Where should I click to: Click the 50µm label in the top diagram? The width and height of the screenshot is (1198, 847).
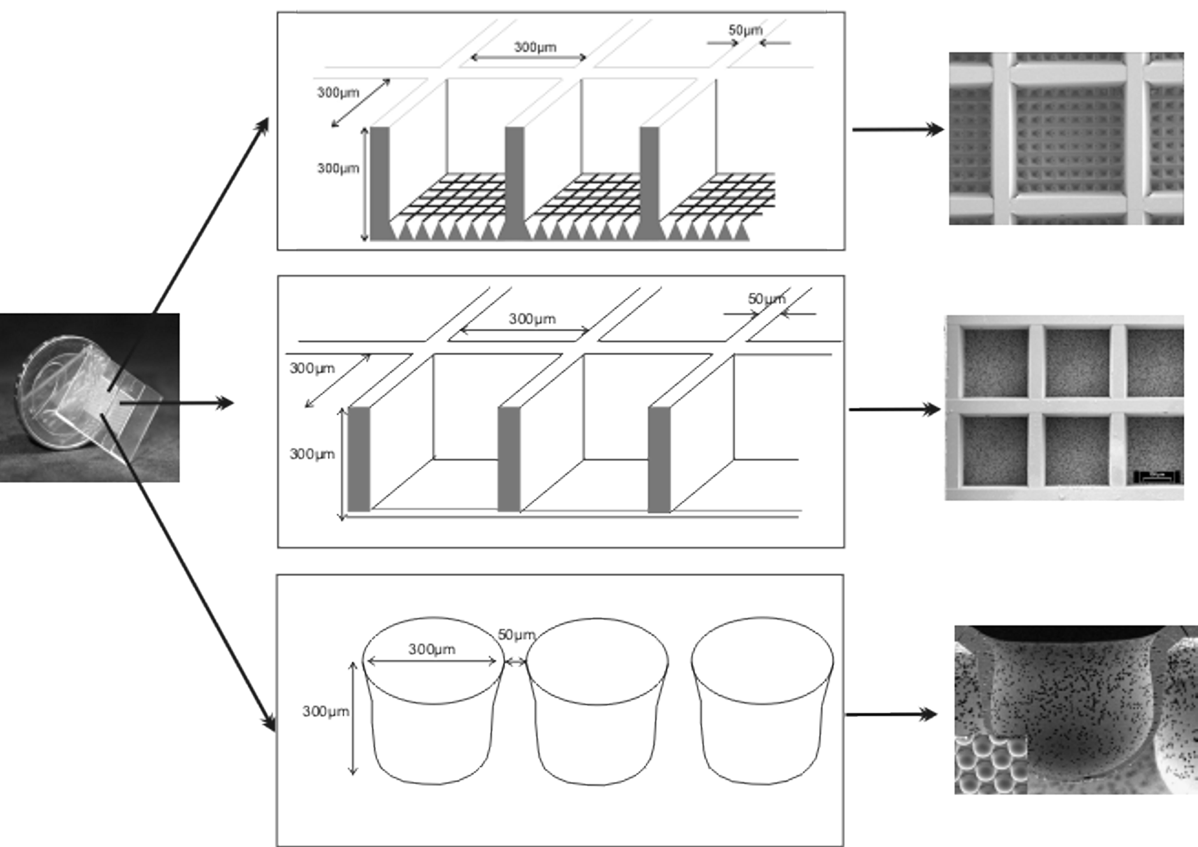click(x=745, y=30)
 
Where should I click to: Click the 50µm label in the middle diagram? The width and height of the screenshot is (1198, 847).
click(x=766, y=299)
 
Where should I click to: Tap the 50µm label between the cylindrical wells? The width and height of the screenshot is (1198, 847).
click(x=516, y=635)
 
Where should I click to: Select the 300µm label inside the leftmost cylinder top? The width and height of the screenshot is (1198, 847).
click(x=431, y=649)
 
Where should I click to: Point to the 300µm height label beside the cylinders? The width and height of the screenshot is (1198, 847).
click(x=326, y=711)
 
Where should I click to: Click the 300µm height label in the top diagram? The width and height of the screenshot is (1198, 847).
click(x=338, y=168)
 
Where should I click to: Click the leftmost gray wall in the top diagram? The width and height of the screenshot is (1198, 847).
click(x=380, y=182)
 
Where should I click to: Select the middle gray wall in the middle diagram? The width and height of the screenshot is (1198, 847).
click(x=509, y=459)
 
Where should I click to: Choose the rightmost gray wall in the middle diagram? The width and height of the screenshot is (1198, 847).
click(x=659, y=459)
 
